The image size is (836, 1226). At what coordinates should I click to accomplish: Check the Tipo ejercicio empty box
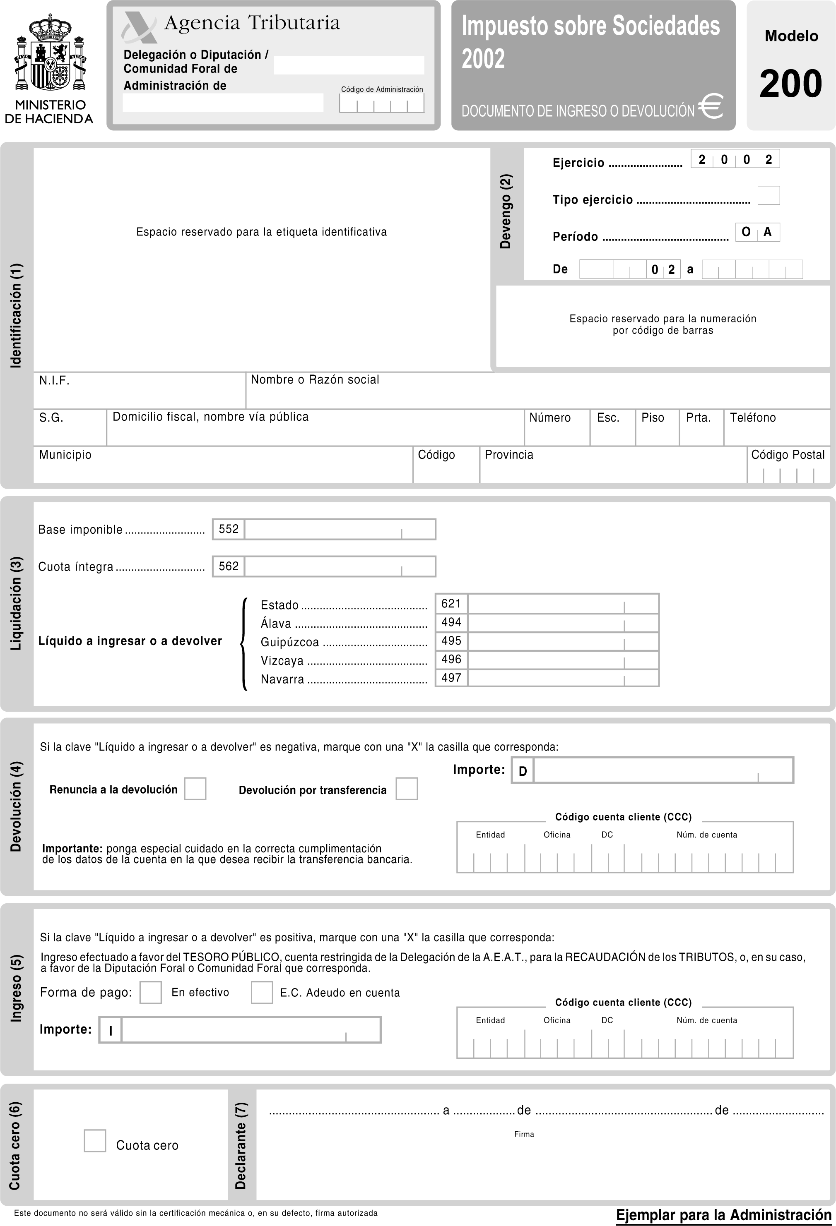point(769,195)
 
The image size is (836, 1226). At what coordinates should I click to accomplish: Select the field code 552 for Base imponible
point(229,529)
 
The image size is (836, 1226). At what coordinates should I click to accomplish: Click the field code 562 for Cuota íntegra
point(229,566)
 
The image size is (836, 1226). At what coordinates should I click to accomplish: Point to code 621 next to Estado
point(451,604)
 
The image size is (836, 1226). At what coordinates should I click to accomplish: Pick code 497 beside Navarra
point(451,678)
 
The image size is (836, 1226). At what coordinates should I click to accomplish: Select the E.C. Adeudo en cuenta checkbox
point(262,992)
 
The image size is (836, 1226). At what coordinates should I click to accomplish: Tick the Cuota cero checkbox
point(95,1140)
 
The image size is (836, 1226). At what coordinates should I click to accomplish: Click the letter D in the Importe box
point(523,771)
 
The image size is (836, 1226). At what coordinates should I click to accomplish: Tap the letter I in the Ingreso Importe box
point(110,1031)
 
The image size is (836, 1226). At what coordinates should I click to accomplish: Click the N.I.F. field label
point(54,380)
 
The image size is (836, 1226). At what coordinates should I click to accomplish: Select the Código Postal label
point(788,455)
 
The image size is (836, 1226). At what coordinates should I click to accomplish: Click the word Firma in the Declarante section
point(524,1134)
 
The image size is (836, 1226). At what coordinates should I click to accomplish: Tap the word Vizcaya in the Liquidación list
point(282,660)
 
